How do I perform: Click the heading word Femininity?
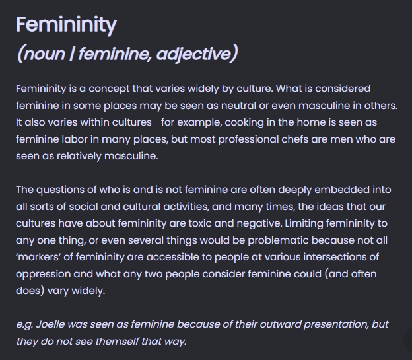(x=66, y=25)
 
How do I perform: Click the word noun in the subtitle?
(x=44, y=54)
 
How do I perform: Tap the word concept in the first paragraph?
(x=109, y=89)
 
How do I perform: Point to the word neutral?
(x=238, y=106)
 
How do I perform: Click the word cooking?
(x=244, y=123)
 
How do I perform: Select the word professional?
(x=248, y=139)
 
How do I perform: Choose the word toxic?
(x=200, y=223)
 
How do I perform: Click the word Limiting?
(x=304, y=223)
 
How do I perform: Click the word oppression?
(x=44, y=274)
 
